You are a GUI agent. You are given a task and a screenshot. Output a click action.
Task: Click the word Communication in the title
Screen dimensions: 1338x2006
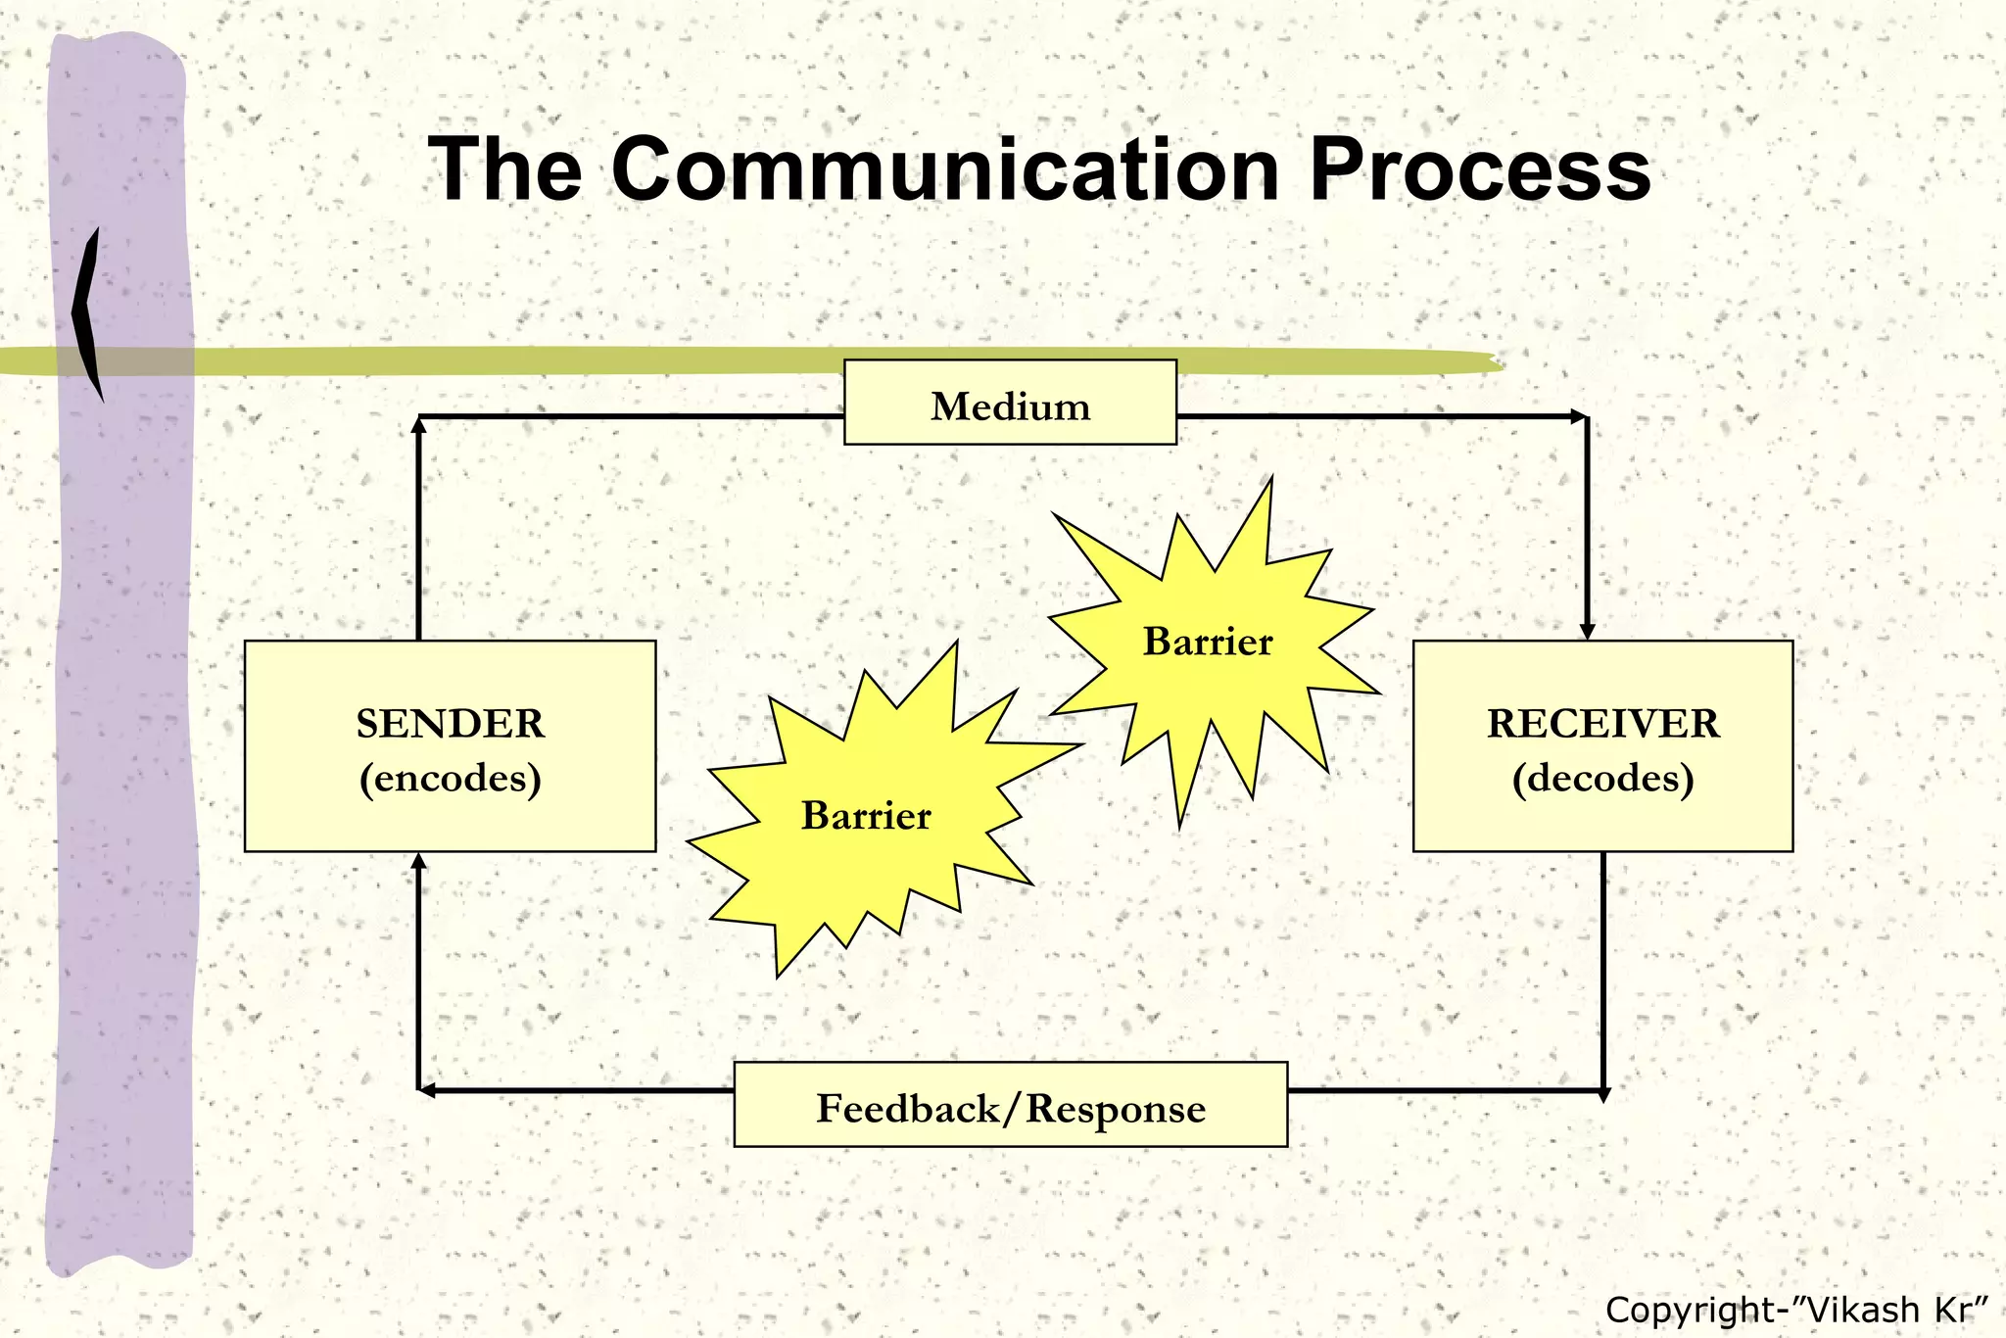point(945,169)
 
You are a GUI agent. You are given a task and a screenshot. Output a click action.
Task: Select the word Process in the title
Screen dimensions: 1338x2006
point(1480,169)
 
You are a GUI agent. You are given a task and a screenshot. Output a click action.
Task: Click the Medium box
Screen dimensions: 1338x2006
point(1010,403)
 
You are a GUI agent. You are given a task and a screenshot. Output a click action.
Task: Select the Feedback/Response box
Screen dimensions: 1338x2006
point(1010,1105)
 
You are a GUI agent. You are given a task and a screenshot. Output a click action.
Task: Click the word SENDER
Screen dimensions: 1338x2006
point(450,724)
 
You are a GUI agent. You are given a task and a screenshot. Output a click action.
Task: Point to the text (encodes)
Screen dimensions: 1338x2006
point(450,779)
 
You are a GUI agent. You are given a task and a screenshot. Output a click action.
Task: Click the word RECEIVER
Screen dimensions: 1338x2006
point(1602,724)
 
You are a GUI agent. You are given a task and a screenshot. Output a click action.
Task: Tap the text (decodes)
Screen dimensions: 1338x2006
point(1602,779)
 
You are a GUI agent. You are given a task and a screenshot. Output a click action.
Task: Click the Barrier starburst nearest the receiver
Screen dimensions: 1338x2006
point(1208,643)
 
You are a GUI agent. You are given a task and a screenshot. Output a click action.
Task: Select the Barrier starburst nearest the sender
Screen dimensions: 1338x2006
point(866,816)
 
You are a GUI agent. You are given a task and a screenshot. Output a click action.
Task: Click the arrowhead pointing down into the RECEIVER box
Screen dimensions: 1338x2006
point(1587,631)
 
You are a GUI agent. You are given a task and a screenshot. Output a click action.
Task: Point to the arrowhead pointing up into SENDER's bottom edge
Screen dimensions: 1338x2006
point(418,862)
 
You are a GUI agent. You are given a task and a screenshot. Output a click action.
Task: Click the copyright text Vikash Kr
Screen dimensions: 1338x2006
point(1796,1310)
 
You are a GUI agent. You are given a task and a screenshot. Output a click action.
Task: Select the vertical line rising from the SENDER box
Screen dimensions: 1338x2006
point(418,529)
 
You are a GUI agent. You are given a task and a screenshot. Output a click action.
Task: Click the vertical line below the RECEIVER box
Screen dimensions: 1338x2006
point(1603,970)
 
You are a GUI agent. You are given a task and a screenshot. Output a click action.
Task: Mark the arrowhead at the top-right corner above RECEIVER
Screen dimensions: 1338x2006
point(1578,417)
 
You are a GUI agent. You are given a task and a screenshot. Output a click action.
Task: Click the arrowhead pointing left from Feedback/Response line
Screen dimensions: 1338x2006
point(427,1090)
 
